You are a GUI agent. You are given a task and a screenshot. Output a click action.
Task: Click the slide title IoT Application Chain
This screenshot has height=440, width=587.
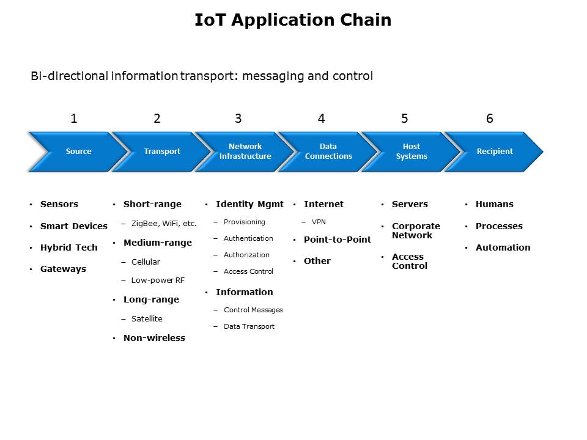point(293,20)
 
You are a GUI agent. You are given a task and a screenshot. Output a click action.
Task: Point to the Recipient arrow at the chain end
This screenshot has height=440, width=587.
point(495,152)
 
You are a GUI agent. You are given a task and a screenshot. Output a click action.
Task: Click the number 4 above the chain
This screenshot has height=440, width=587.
point(321,119)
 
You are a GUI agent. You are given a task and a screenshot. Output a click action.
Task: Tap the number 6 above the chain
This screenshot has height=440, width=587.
point(489,119)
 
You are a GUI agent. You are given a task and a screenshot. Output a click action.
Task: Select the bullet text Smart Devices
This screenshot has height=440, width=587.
point(73,226)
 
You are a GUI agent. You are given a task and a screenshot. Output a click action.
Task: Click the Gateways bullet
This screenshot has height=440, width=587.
point(63,269)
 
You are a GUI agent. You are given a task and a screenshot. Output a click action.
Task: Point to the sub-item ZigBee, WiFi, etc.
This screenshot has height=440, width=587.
point(164,224)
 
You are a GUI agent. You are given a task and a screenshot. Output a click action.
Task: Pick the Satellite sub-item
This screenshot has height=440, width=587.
point(147,319)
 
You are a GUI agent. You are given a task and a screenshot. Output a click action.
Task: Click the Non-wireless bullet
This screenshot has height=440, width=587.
point(154,338)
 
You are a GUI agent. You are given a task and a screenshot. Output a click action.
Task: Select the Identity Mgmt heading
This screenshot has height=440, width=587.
point(249,204)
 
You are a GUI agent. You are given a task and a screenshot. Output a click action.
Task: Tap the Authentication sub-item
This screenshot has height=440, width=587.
point(248,238)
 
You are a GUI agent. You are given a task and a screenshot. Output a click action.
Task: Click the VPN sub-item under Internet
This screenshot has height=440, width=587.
point(319,222)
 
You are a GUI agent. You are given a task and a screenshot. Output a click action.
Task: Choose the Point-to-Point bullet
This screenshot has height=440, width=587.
point(337,240)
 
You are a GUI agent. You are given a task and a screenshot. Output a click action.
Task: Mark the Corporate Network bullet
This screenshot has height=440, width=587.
point(416,230)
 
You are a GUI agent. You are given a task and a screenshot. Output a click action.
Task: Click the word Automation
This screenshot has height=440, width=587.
point(503,248)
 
